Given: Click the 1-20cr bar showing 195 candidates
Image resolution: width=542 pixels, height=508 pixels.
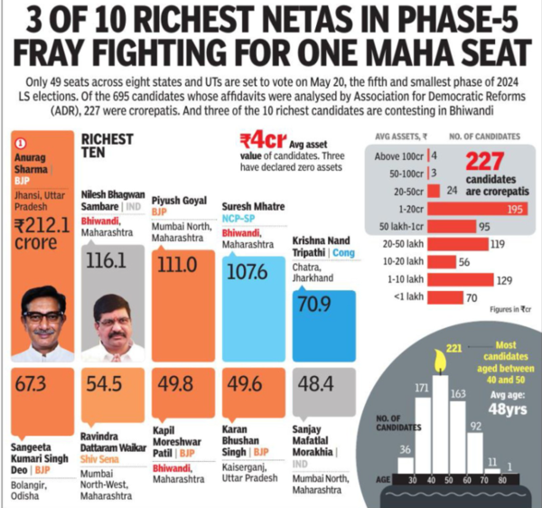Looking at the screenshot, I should [479, 209].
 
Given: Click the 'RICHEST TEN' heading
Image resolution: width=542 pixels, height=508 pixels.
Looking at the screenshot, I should [107, 146].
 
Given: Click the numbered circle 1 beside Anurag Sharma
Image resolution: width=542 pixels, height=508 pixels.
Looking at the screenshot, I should [21, 141].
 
